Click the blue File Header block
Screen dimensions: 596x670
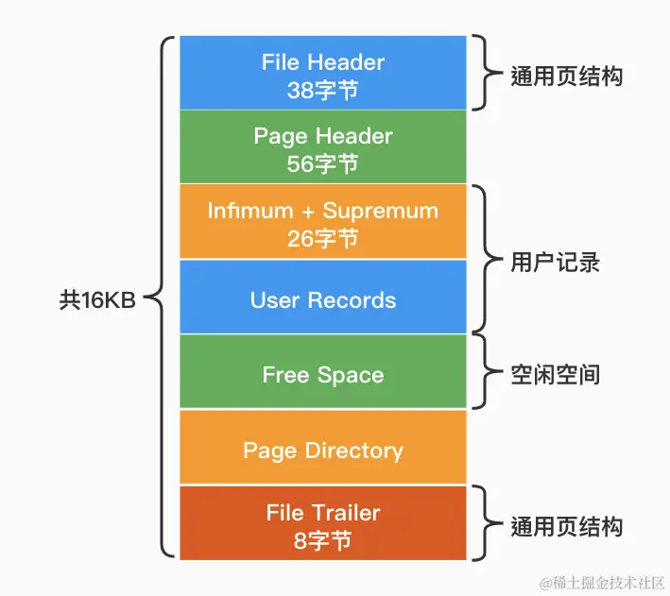tap(322, 73)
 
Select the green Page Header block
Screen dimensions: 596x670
tap(322, 147)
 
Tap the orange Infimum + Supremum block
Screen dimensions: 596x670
tap(322, 222)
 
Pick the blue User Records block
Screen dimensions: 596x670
tap(322, 300)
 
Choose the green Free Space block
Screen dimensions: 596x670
tap(322, 374)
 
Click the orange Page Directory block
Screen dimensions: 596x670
tap(322, 450)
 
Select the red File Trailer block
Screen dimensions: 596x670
tap(322, 523)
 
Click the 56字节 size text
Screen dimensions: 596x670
tap(322, 163)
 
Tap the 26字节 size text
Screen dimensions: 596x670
tap(322, 238)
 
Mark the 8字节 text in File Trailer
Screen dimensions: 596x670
tap(322, 540)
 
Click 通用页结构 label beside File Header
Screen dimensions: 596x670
tap(566, 77)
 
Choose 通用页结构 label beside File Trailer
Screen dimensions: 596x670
tap(566, 525)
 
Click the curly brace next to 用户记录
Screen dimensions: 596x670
tap(483, 262)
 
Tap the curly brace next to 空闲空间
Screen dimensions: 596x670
tap(483, 374)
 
